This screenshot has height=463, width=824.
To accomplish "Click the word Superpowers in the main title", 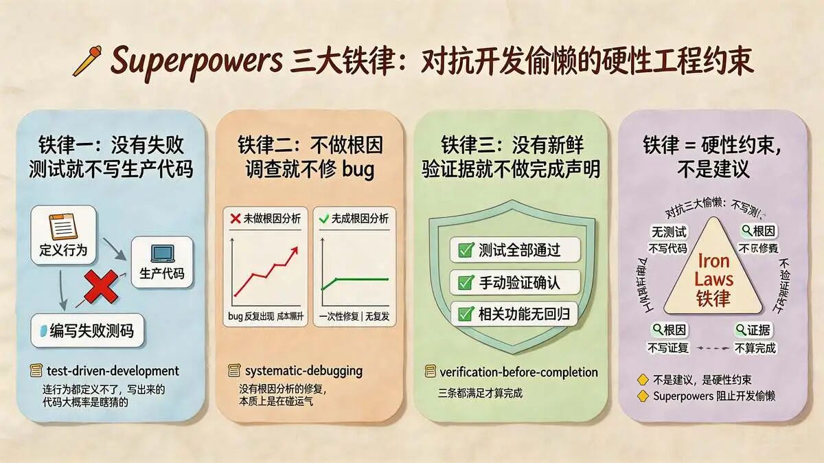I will click(x=196, y=60).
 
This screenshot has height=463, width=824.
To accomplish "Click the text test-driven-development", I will click(x=113, y=371).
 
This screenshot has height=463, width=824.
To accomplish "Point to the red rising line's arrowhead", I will click(x=294, y=251).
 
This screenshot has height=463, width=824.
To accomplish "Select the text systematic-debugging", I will click(x=303, y=371).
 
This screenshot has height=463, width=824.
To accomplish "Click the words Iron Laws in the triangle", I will click(x=713, y=271).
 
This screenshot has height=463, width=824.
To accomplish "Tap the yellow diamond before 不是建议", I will click(x=643, y=379).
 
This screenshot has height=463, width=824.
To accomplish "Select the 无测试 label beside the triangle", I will click(x=667, y=234).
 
